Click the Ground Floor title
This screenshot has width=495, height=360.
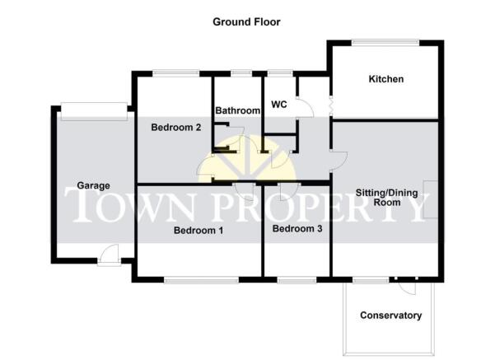click(246, 21)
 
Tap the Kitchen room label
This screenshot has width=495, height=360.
click(386, 79)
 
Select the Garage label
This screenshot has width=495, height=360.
click(93, 185)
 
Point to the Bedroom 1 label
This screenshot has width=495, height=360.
click(198, 230)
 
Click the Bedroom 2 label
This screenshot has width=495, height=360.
click(175, 127)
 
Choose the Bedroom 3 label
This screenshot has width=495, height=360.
click(297, 228)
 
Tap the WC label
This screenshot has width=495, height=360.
click(279, 104)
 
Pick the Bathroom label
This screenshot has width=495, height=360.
click(238, 110)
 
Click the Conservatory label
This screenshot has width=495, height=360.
click(391, 316)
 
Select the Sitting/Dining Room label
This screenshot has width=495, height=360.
click(387, 198)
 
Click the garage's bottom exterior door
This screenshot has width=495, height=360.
click(109, 255)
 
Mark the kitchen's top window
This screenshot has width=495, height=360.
click(385, 43)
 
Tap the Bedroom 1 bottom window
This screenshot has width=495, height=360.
click(202, 280)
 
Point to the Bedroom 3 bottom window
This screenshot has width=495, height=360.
click(297, 280)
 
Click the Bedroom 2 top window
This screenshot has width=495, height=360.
click(175, 73)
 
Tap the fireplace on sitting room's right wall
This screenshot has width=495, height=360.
click(431, 199)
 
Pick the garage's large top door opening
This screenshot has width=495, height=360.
click(94, 111)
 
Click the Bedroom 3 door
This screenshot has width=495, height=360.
click(289, 191)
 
